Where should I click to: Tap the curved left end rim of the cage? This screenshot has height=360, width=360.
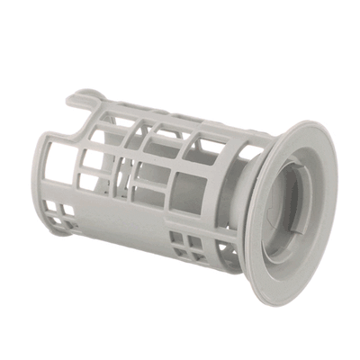(47, 180)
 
